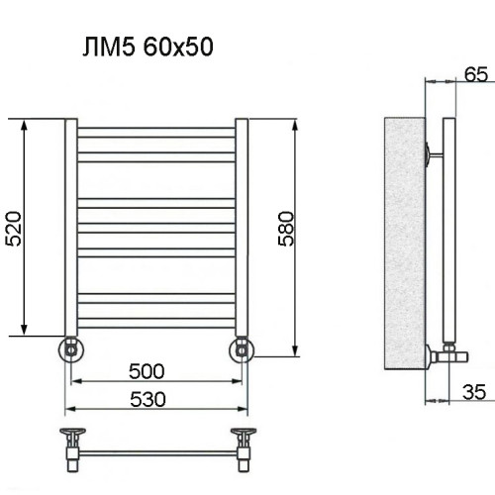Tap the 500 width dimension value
(147, 371)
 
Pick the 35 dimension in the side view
(474, 392)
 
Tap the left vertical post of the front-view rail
(71, 228)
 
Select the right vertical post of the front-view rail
(242, 228)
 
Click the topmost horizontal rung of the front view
(156, 130)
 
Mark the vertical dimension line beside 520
(24, 228)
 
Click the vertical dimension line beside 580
(295, 239)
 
